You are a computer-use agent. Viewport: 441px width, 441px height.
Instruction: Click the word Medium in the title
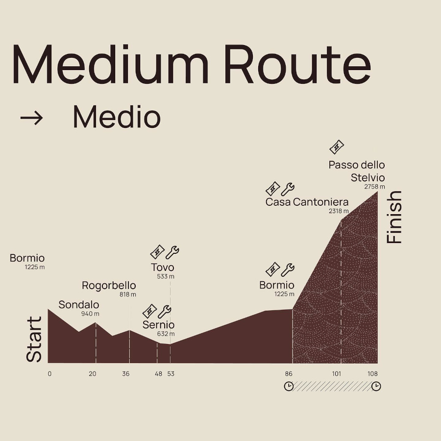(x=110, y=64)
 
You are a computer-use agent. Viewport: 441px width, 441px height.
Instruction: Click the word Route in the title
(x=297, y=64)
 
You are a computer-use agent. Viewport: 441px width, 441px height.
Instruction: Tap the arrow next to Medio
(x=31, y=118)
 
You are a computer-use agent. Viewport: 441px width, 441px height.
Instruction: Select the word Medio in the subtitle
(x=117, y=117)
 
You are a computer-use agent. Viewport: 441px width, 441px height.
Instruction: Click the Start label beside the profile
(x=34, y=339)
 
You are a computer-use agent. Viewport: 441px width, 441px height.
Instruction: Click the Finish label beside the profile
(x=394, y=217)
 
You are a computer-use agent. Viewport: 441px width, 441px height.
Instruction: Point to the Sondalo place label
(x=79, y=305)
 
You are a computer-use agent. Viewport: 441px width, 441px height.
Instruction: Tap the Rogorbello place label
(x=109, y=286)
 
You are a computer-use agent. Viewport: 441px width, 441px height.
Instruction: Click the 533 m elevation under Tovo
(x=166, y=276)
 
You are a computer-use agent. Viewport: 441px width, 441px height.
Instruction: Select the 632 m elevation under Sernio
(x=166, y=334)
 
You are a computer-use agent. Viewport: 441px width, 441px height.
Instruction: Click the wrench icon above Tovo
(x=172, y=252)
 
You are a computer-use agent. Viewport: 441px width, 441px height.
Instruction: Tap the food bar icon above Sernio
(x=149, y=311)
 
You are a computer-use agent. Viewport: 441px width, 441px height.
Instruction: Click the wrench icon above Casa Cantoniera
(x=288, y=189)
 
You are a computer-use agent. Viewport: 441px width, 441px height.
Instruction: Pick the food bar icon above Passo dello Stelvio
(x=337, y=147)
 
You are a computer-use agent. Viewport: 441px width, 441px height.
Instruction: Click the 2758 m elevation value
(x=374, y=187)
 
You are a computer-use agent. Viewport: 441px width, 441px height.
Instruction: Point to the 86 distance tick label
(x=289, y=374)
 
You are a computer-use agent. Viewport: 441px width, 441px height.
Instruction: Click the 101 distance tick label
(x=336, y=374)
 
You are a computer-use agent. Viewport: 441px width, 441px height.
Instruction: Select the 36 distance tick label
(x=126, y=374)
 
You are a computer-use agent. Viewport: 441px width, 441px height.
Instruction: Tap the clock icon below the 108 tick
(x=376, y=386)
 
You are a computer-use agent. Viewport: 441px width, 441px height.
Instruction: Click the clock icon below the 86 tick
(x=289, y=386)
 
